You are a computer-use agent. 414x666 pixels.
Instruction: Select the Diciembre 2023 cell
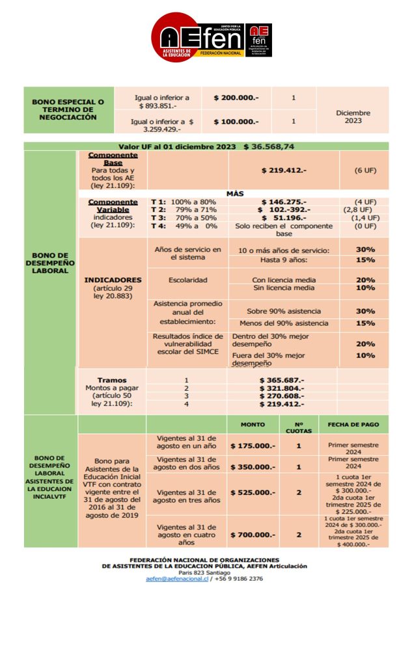(x=353, y=116)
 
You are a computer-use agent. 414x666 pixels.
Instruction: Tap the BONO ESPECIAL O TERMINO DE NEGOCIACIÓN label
(x=68, y=110)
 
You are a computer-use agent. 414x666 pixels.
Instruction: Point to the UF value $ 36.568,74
(x=269, y=147)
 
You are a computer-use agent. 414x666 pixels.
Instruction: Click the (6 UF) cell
(x=363, y=170)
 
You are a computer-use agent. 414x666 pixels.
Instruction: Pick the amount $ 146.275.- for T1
(x=283, y=202)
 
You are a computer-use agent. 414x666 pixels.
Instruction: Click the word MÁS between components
(x=235, y=194)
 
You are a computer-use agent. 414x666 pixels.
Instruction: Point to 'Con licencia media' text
(x=283, y=280)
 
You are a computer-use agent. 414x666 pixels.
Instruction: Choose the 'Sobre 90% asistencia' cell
(x=283, y=311)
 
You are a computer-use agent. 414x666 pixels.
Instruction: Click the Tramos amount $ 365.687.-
(x=282, y=380)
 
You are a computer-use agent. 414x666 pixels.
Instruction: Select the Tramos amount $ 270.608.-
(x=282, y=395)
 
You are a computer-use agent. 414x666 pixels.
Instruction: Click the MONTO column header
(x=253, y=425)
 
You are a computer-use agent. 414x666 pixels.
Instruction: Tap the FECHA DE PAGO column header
(x=353, y=425)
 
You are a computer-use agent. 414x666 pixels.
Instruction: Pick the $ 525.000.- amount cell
(x=253, y=492)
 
